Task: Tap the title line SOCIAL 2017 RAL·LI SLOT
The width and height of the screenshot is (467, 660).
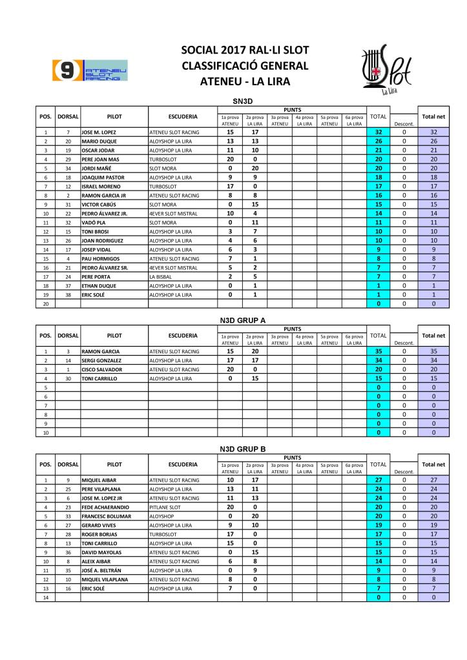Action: click(245, 50)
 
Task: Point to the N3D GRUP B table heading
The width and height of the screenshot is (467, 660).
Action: click(240, 448)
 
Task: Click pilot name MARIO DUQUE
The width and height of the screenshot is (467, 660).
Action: click(99, 141)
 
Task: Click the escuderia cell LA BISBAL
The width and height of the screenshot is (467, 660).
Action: click(161, 276)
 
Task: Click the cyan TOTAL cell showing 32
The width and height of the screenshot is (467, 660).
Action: click(378, 132)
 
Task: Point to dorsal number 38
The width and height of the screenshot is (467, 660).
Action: click(67, 294)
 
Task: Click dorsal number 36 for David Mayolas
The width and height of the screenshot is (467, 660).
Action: click(67, 552)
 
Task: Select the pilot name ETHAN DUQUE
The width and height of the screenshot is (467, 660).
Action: click(99, 285)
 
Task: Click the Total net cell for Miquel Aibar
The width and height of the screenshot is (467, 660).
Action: click(433, 480)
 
